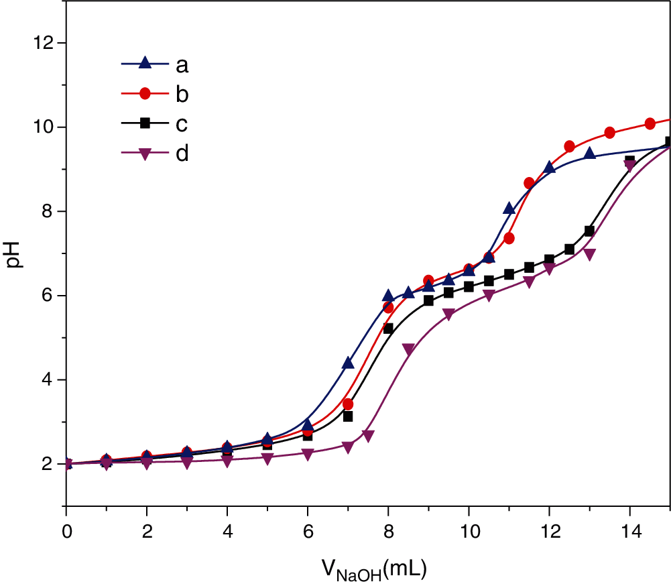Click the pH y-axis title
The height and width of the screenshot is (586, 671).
pyautogui.click(x=15, y=253)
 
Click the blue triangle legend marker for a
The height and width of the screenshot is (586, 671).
pyautogui.click(x=144, y=64)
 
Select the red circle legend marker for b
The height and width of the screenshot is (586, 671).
pyautogui.click(x=144, y=95)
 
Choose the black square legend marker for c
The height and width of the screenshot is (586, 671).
pyautogui.click(x=144, y=124)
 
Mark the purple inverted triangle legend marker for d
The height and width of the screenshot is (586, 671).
pyautogui.click(x=144, y=154)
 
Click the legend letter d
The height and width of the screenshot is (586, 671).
pyautogui.click(x=182, y=154)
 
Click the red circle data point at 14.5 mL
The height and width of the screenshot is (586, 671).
pyautogui.click(x=650, y=123)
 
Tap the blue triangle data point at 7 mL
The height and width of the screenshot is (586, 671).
pyautogui.click(x=348, y=363)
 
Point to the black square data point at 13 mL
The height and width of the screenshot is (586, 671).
pyautogui.click(x=589, y=231)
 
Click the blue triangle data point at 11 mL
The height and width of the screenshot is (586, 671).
pyautogui.click(x=509, y=209)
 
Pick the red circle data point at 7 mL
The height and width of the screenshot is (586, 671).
pyautogui.click(x=348, y=404)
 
